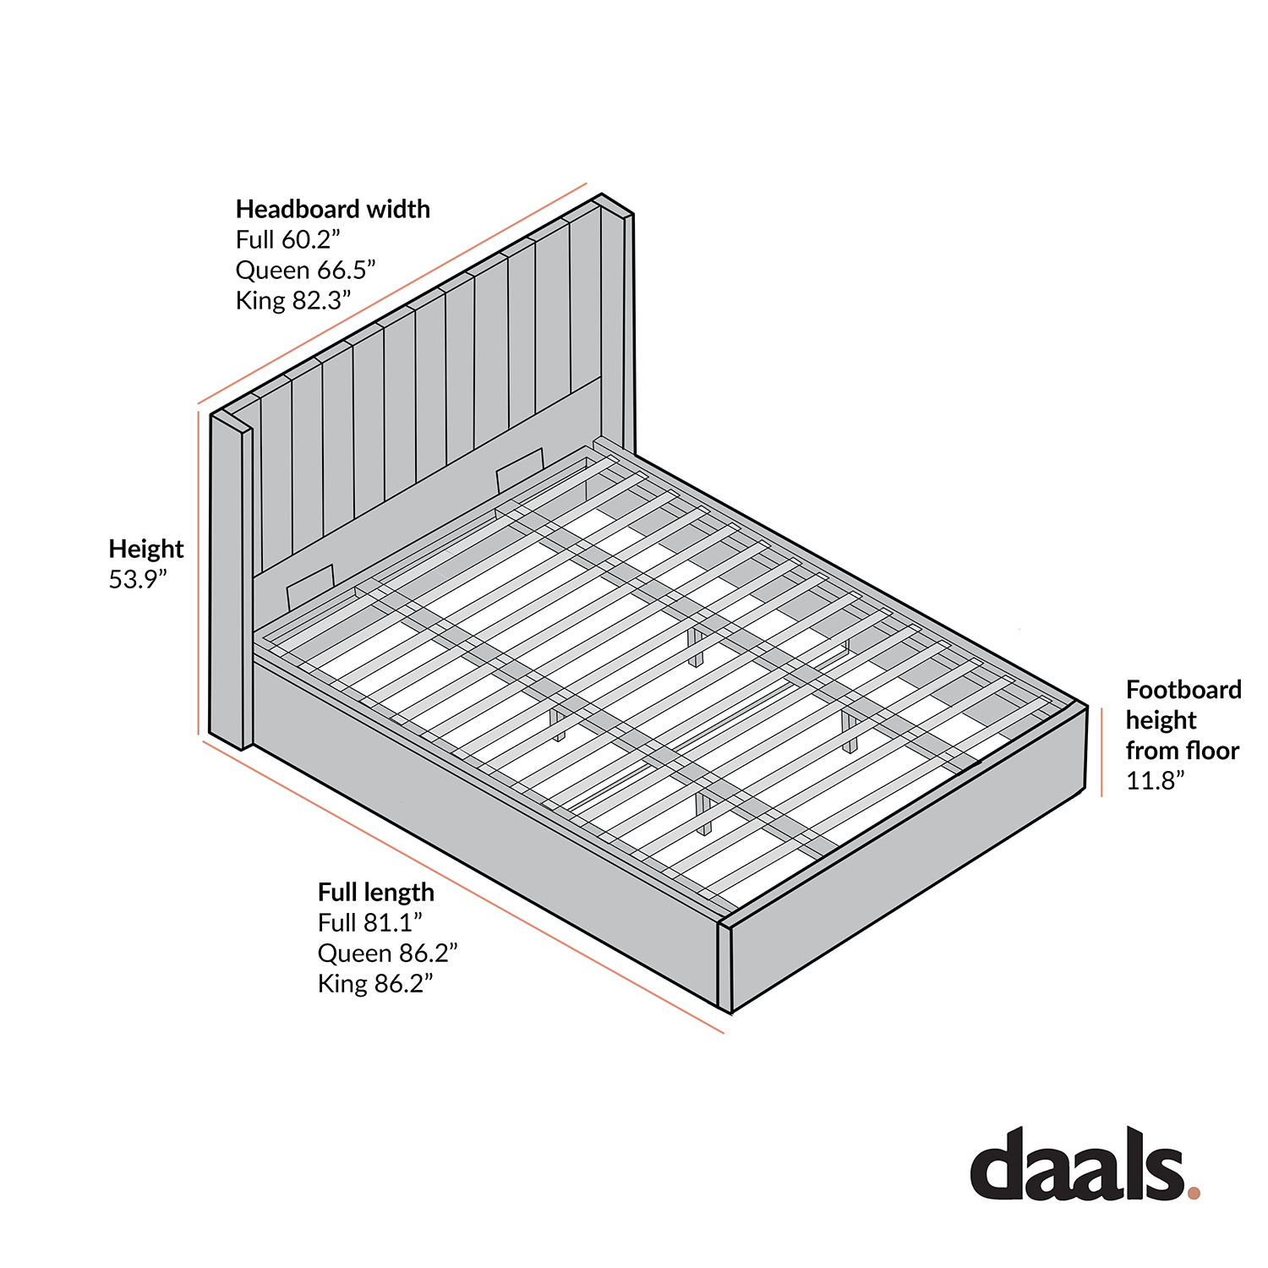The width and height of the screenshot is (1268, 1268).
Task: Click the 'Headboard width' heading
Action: coord(332,209)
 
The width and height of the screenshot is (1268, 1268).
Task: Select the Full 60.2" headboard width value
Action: coord(287,239)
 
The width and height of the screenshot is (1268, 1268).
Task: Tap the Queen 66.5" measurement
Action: coord(305,270)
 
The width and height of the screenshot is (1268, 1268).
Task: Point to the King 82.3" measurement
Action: coord(292,300)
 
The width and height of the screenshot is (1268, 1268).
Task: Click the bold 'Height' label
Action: coord(145,549)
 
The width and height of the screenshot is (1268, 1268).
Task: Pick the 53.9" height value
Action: coord(138,579)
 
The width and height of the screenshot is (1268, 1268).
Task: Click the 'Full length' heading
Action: coord(375,892)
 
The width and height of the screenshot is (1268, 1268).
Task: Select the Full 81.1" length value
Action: coord(369,922)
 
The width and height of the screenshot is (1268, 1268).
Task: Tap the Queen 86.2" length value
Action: coord(387,953)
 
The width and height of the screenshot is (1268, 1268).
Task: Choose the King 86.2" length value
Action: coord(374,983)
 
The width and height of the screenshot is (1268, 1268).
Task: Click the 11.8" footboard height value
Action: coord(1155,780)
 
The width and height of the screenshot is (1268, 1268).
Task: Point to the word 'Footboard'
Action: coord(1183,690)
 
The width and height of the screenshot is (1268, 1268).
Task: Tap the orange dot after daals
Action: coord(1194,1193)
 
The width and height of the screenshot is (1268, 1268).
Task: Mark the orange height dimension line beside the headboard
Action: coord(199,575)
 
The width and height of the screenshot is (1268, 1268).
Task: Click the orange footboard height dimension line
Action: coord(1101,752)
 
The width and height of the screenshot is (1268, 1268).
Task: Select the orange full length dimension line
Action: coord(463,888)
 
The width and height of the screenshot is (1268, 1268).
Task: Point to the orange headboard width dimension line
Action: coord(392,293)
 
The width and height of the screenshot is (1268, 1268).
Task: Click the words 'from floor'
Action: coord(1182,751)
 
